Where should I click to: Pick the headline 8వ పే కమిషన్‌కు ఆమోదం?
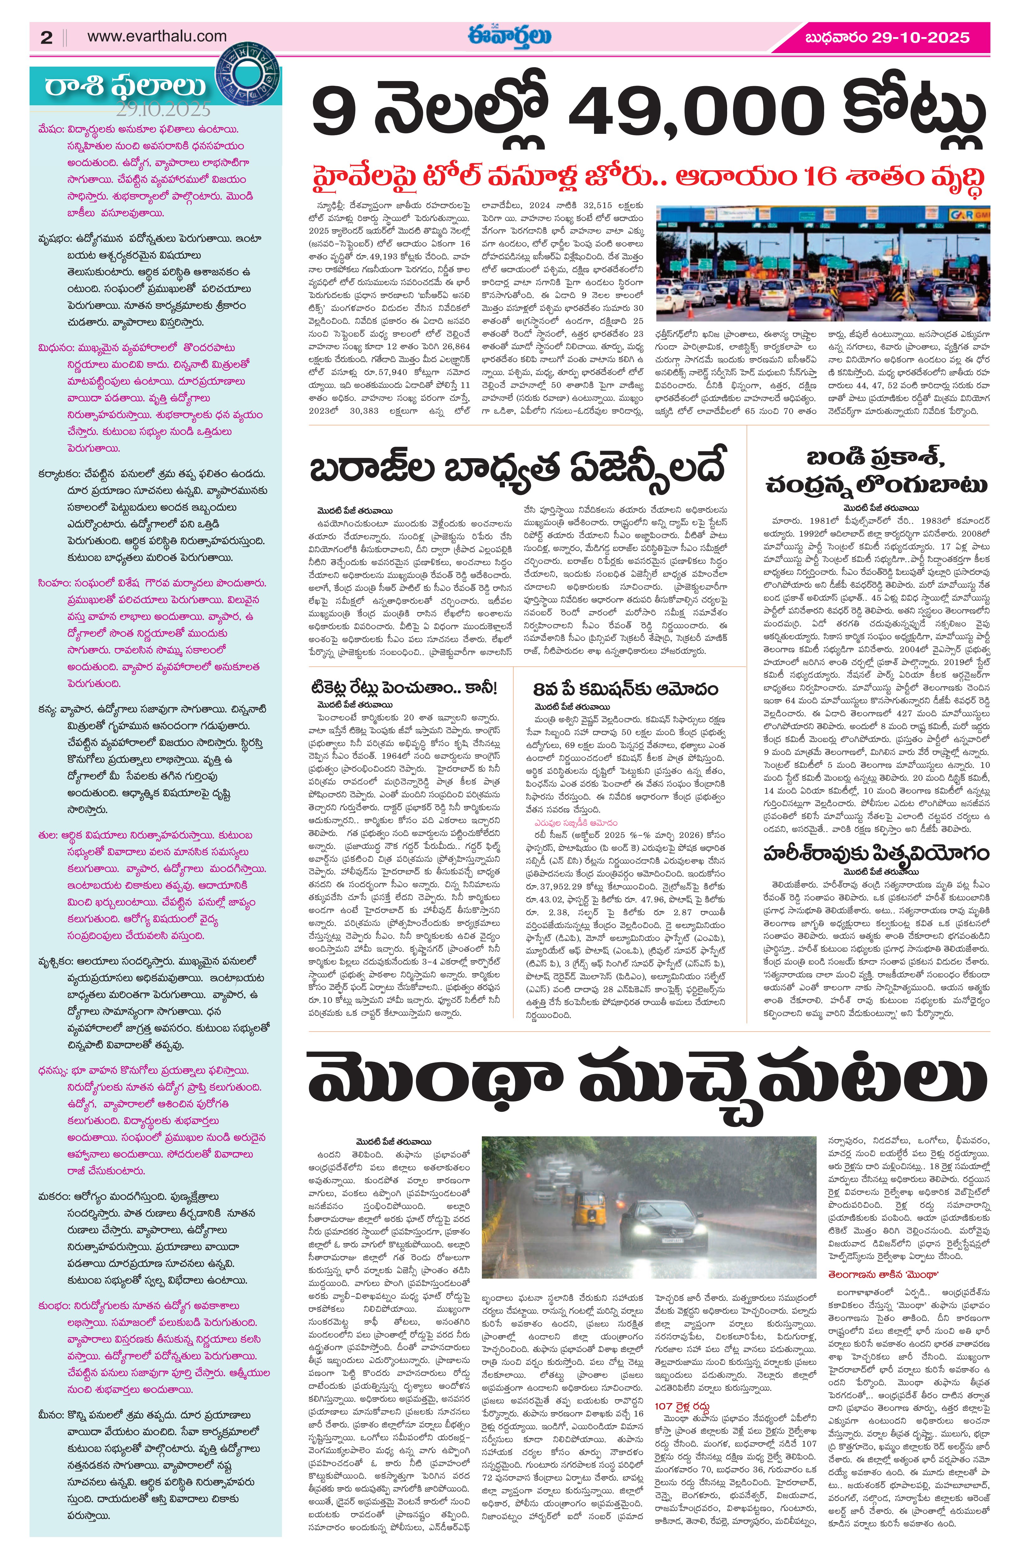point(626,689)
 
